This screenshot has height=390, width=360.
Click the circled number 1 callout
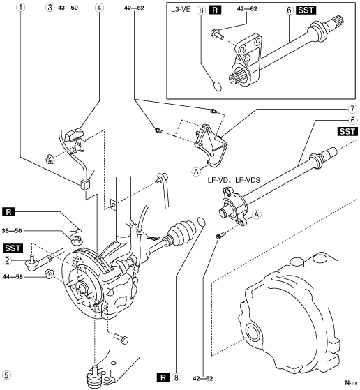(21, 8)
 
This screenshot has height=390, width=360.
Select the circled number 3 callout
(50, 8)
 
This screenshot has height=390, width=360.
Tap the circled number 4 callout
(99, 8)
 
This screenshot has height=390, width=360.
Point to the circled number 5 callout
(6, 375)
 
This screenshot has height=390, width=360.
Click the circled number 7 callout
(352, 109)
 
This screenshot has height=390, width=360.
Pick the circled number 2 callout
(7, 260)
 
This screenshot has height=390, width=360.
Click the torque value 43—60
(68, 8)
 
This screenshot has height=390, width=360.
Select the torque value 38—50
(12, 231)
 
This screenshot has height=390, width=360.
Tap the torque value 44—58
(13, 276)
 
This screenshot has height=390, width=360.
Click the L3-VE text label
(181, 10)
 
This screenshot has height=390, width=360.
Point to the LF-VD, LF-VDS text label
(234, 179)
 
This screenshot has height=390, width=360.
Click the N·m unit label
(351, 382)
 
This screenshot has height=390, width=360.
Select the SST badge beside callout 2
(13, 248)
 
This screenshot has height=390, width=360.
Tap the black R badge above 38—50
(8, 212)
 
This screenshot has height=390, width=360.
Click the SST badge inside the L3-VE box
(306, 10)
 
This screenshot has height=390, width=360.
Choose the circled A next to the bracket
(197, 172)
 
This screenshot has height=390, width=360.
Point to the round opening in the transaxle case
(253, 333)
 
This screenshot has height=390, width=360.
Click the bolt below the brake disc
(121, 338)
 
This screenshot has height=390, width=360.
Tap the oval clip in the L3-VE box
(218, 87)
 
